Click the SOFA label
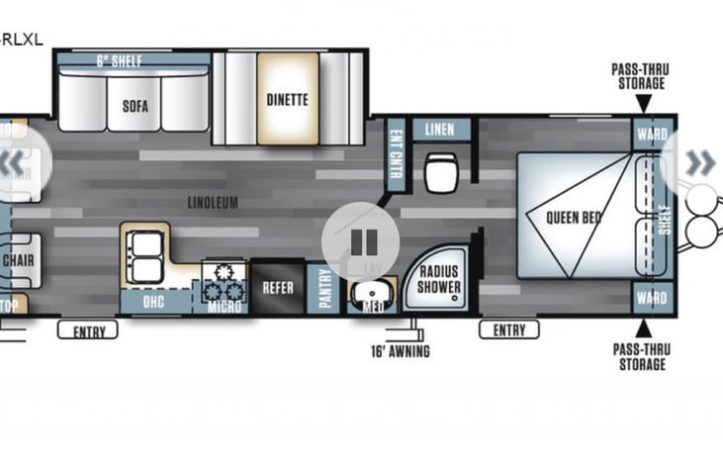(x=135, y=106)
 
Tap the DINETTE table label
(x=287, y=99)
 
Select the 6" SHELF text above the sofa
(x=119, y=61)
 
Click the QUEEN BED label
(x=574, y=217)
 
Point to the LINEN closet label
(x=440, y=131)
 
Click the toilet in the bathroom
(x=439, y=172)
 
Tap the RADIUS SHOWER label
(x=439, y=279)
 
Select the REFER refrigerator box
(x=277, y=289)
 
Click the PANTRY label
(x=324, y=289)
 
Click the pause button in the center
(x=361, y=241)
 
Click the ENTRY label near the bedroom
(x=508, y=329)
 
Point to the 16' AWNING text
(x=400, y=350)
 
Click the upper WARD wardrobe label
(x=652, y=134)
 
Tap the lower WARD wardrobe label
(x=652, y=297)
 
